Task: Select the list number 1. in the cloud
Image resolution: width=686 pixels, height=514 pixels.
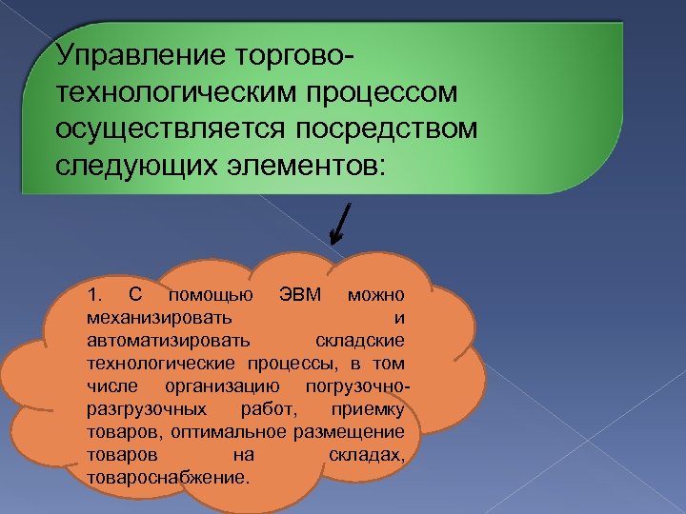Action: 92,292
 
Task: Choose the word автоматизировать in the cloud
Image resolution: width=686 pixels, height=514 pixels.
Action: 168,339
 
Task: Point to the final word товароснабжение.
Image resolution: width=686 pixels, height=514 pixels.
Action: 168,478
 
